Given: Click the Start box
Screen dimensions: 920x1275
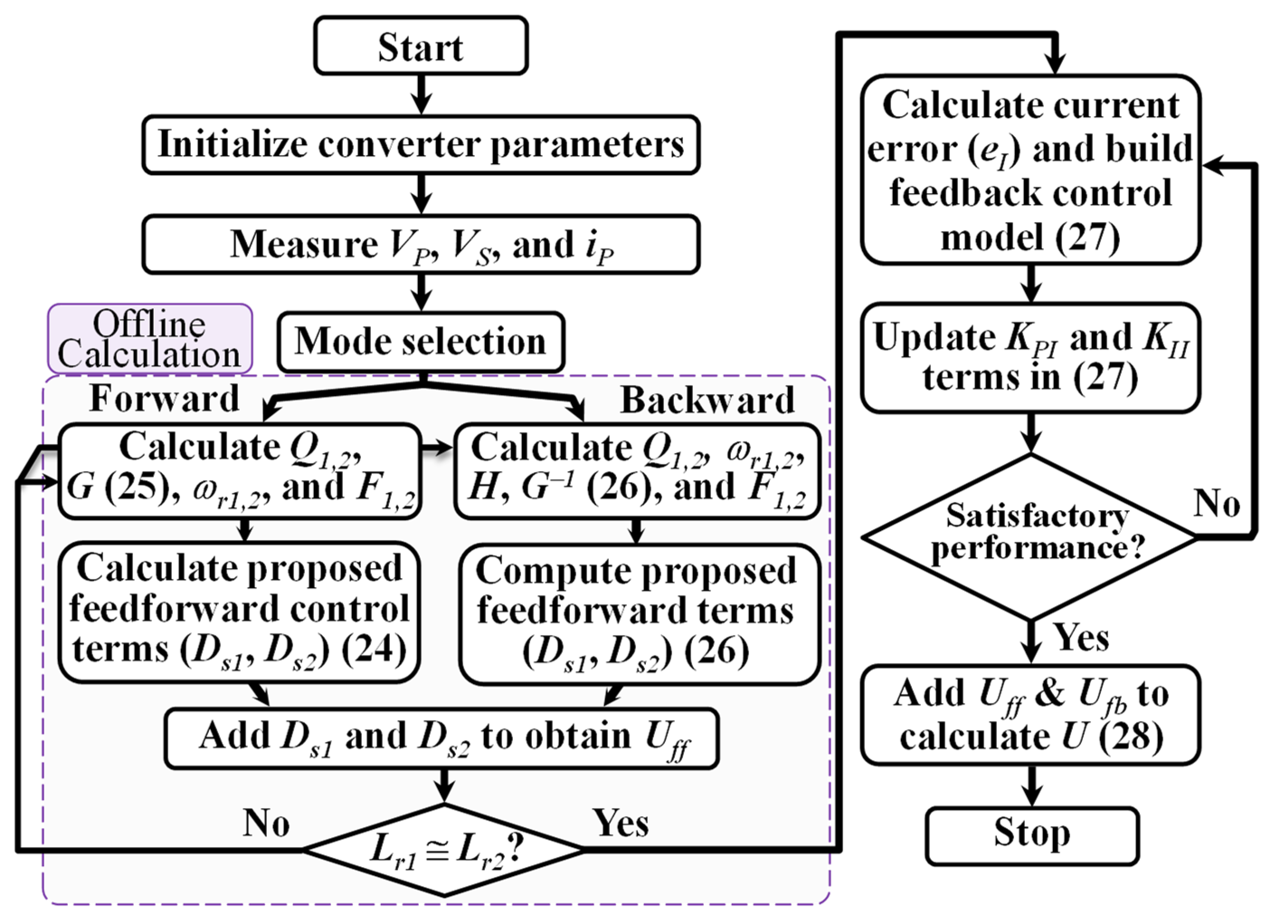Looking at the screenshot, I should tap(421, 46).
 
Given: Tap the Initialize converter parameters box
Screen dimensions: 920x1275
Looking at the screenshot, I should tap(421, 145).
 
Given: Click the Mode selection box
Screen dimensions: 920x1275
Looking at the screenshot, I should tap(421, 341).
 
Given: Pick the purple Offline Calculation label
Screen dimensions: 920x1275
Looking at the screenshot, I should tap(150, 339).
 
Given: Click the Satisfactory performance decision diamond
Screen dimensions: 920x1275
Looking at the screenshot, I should tap(1030, 537).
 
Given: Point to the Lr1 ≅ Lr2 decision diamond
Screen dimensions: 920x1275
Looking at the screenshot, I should tap(444, 850).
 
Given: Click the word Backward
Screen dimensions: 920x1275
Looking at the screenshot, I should tap(707, 400).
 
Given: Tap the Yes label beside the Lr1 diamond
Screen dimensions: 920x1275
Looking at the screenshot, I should tap(621, 823).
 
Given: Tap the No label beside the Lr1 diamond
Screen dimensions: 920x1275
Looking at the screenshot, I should tap(266, 823).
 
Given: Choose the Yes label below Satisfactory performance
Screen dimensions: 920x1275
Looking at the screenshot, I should tap(1081, 638).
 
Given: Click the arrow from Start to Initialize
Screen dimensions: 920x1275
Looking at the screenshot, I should tap(421, 95).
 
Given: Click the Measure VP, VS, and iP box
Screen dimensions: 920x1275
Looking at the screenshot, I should tap(421, 245).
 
